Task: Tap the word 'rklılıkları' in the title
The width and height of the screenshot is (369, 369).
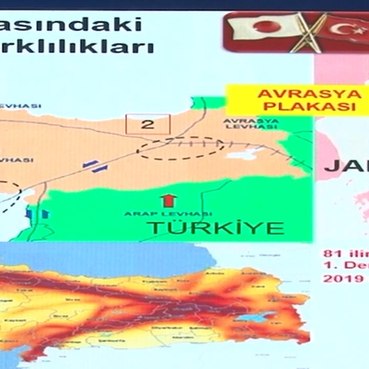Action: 78,46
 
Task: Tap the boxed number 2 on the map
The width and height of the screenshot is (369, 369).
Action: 148,124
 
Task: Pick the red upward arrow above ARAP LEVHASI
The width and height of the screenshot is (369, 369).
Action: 167,200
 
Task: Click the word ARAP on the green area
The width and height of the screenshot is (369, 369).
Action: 136,214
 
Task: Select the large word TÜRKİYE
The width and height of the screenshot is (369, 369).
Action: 217,227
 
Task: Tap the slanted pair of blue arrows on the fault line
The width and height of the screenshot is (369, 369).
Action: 95,167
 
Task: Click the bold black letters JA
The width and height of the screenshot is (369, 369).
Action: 340,166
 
